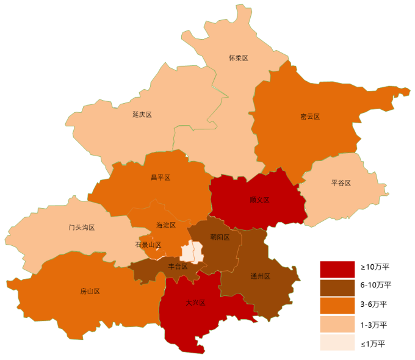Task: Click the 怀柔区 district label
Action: (x=239, y=58)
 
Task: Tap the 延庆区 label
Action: (x=142, y=115)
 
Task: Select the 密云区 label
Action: (x=310, y=117)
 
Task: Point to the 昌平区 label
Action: (x=161, y=178)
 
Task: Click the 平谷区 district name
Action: (x=341, y=183)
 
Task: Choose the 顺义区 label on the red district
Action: (x=259, y=200)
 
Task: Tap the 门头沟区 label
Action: (x=81, y=228)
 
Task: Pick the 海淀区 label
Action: (x=166, y=225)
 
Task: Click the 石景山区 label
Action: (x=148, y=245)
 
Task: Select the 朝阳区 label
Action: (x=220, y=237)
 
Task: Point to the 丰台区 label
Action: (x=178, y=267)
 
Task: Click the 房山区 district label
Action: (x=90, y=291)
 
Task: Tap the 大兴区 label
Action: (x=195, y=303)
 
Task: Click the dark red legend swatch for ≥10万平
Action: (x=337, y=267)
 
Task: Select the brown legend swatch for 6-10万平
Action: (x=337, y=285)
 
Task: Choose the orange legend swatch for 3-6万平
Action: (x=337, y=304)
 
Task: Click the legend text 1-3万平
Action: (x=374, y=324)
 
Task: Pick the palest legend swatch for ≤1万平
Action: (x=337, y=343)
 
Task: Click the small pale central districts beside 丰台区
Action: (x=191, y=251)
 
